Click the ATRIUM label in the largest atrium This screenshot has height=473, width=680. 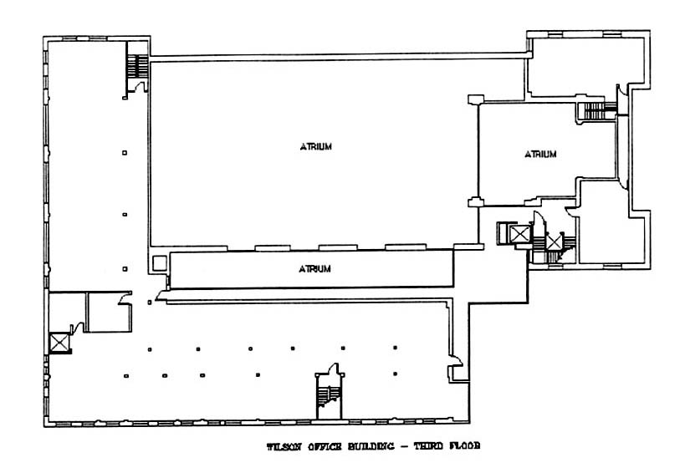click(316, 147)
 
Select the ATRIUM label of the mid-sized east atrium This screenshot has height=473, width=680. click(540, 154)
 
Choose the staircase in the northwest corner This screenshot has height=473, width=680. click(135, 69)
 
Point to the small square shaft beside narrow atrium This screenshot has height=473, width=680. click(157, 262)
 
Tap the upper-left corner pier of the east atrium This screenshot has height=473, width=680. click(475, 99)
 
